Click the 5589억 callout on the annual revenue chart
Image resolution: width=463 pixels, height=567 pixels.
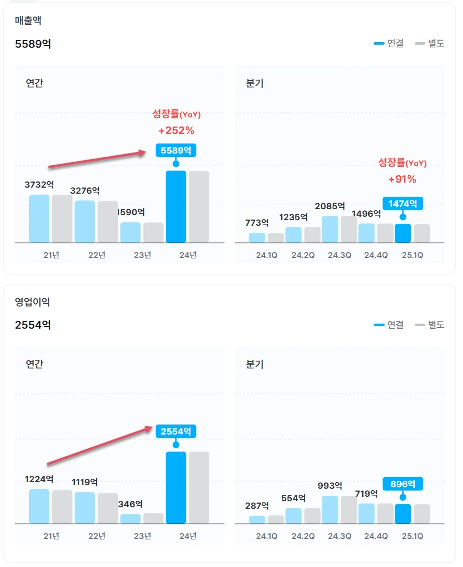pos(176,150)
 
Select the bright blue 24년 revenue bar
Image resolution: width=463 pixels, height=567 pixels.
pos(176,207)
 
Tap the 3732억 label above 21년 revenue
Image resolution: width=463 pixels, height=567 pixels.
pos(39,185)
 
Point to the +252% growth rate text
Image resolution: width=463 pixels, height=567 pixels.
pos(176,130)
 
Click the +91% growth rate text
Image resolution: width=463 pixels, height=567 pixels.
pos(402,179)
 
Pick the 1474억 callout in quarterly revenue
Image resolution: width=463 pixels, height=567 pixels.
pos(403,203)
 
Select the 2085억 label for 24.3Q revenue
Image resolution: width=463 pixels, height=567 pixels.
pos(330,206)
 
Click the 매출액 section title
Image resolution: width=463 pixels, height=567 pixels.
pos(28,21)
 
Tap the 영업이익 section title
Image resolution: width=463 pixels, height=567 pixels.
pos(33,302)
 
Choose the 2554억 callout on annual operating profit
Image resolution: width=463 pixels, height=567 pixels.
pos(176,431)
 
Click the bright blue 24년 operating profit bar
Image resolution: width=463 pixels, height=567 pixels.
pos(176,488)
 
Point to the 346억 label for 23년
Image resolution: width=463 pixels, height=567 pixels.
pos(131,504)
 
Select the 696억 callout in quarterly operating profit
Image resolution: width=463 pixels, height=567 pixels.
pos(403,484)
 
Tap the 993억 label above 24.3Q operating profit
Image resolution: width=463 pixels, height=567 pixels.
pos(330,486)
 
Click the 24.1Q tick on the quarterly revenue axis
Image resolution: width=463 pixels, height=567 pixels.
pos(267,255)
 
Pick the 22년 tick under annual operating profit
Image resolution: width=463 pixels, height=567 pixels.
pos(97,536)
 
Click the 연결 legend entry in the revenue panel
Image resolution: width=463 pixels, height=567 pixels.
pos(389,44)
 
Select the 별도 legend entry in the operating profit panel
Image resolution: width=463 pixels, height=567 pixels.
pos(430,325)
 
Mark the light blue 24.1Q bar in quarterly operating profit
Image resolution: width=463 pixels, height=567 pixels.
pos(257,519)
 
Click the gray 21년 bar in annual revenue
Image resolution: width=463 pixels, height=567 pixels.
pos(62,219)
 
